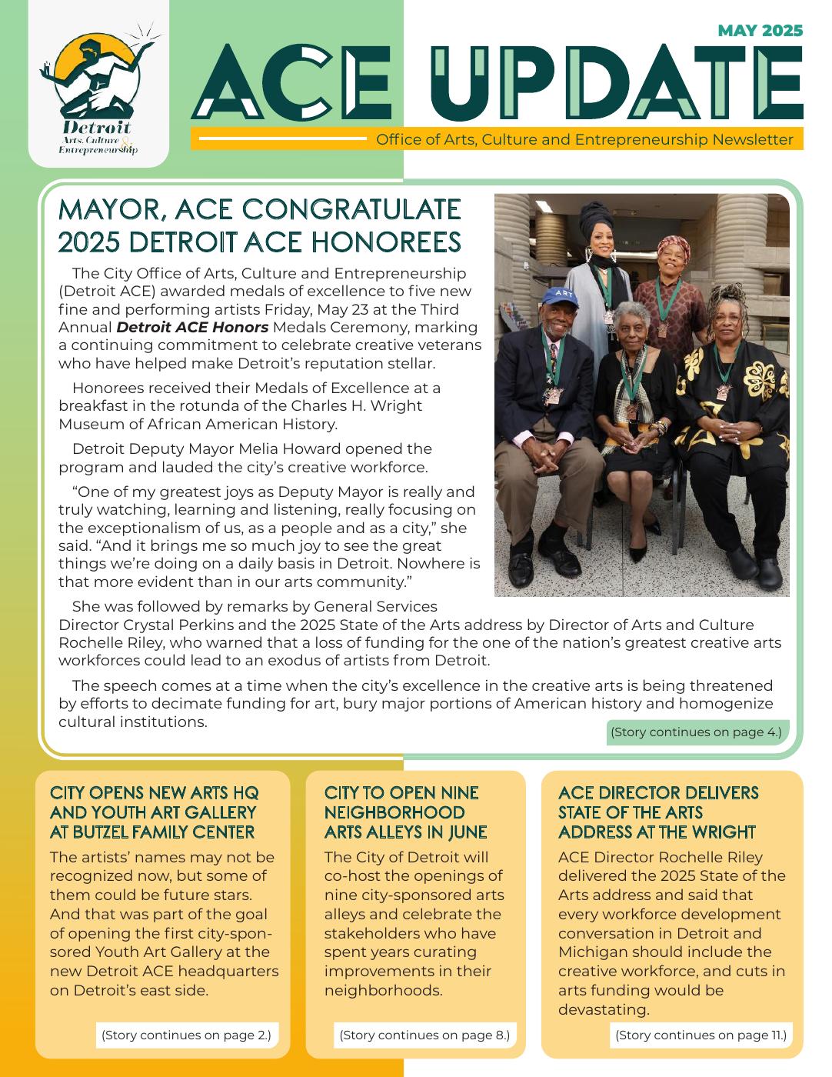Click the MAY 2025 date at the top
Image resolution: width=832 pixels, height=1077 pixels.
(x=760, y=31)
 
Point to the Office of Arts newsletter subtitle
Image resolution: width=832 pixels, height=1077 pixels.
(x=584, y=140)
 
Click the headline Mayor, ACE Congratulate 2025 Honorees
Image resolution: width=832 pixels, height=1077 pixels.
(x=260, y=225)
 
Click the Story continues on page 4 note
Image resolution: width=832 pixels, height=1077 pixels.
(x=695, y=732)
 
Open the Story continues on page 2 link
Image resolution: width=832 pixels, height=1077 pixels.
(x=186, y=1035)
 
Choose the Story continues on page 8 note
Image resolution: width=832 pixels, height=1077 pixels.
(x=424, y=1035)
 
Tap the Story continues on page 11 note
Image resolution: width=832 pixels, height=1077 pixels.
(x=701, y=1035)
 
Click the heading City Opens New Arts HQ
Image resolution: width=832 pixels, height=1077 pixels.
(x=153, y=812)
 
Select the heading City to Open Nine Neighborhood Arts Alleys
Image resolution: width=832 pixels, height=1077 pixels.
(x=405, y=812)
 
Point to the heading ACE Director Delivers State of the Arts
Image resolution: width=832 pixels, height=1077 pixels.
(x=658, y=812)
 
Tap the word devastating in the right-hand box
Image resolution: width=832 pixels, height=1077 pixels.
(x=604, y=1009)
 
